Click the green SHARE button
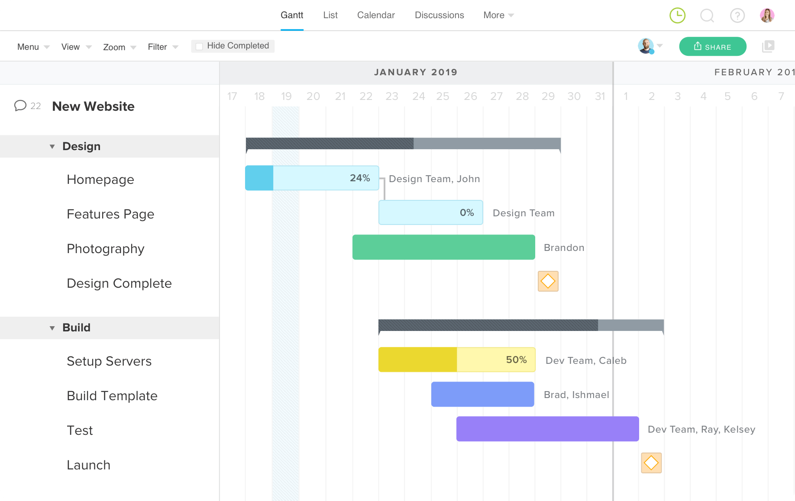click(712, 47)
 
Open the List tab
click(330, 15)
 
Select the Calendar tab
click(376, 15)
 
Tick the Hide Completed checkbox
click(199, 46)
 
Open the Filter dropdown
click(163, 47)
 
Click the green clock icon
click(677, 16)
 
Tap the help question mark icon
click(737, 16)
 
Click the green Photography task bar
click(443, 247)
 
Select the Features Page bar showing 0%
click(430, 212)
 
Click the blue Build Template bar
click(482, 394)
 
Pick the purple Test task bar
click(547, 429)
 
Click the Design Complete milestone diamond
click(548, 281)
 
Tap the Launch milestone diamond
click(651, 463)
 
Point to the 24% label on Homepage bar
click(360, 178)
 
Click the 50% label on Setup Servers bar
click(516, 360)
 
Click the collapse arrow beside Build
click(52, 328)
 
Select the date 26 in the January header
click(470, 96)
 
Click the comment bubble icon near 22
click(20, 106)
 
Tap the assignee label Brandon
click(564, 247)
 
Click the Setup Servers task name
click(109, 361)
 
